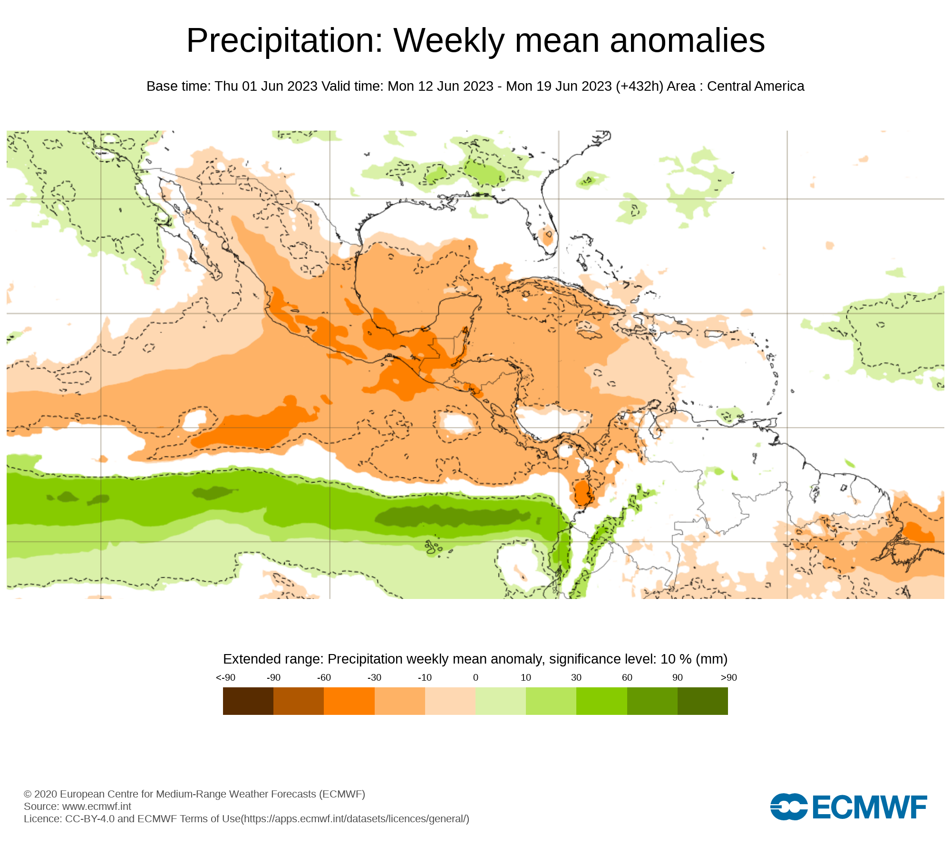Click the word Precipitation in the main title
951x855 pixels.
[284, 41]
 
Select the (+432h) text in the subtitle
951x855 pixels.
[639, 86]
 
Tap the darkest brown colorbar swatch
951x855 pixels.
[248, 701]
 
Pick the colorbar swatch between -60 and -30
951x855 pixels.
[349, 701]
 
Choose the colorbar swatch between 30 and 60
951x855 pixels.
[602, 701]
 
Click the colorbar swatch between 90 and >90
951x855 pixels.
[703, 701]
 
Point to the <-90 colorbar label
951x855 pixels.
[225, 677]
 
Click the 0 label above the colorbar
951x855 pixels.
[475, 677]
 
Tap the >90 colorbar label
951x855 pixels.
[728, 677]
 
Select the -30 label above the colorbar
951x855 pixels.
[374, 677]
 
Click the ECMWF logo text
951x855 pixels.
[869, 807]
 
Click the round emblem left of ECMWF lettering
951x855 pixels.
[788, 807]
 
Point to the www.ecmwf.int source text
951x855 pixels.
[97, 806]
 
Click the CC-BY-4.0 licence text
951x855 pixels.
[90, 818]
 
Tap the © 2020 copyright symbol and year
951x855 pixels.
[40, 794]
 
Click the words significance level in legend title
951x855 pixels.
[601, 659]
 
